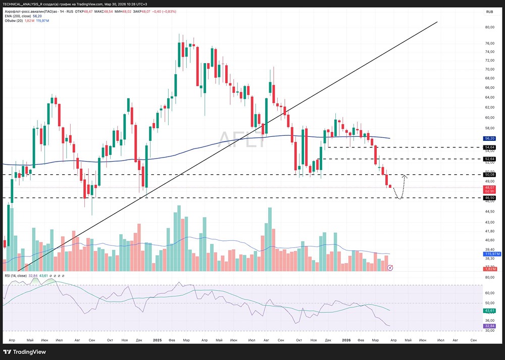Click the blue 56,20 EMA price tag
click(x=489, y=138)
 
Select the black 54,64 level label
click(x=489, y=147)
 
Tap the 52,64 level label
click(x=489, y=159)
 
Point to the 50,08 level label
click(x=489, y=175)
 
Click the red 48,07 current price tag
click(x=489, y=187)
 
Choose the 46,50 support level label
click(x=489, y=198)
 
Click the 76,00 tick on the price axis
click(x=489, y=43)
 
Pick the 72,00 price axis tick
click(x=489, y=60)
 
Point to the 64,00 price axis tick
click(x=489, y=97)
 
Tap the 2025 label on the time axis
click(x=157, y=341)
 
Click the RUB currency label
click(x=489, y=12)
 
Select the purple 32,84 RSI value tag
click(x=489, y=326)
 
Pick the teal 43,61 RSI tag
click(x=489, y=311)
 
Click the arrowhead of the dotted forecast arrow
click(x=404, y=176)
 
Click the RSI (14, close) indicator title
click(x=15, y=276)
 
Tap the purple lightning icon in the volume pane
click(x=390, y=268)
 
